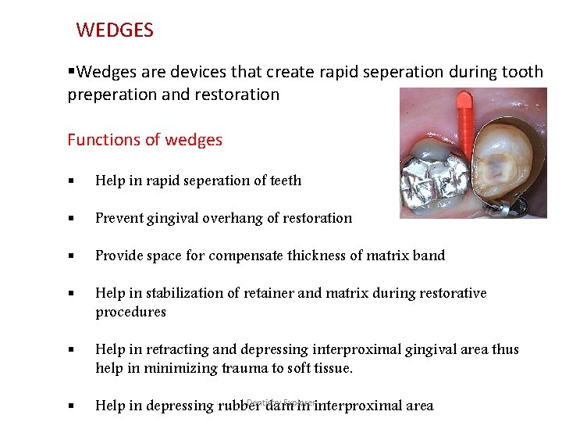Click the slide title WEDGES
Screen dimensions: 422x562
click(x=115, y=30)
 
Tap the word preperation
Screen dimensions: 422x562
click(x=106, y=95)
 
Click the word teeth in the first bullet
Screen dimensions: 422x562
click(x=285, y=181)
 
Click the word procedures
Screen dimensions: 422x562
click(x=130, y=312)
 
